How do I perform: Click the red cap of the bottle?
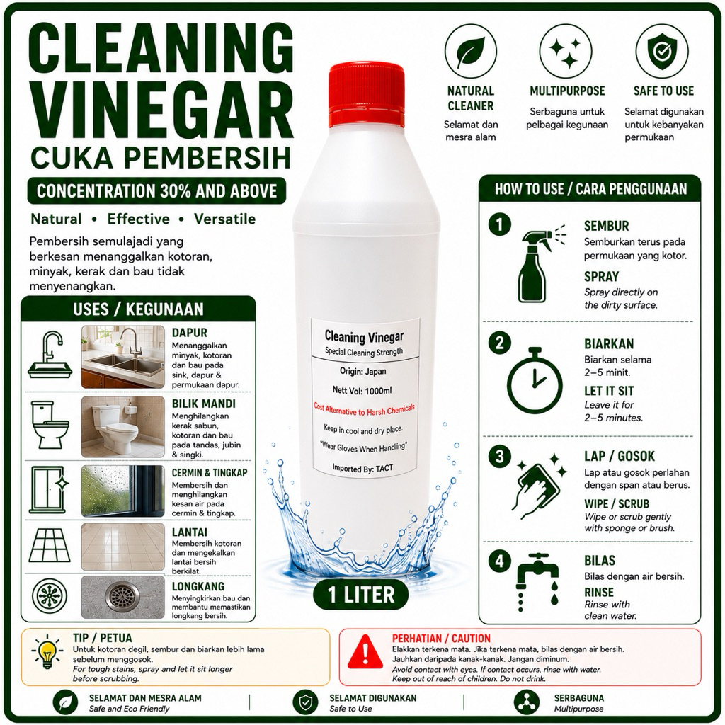pos(367,96)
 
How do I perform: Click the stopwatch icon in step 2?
pos(535,379)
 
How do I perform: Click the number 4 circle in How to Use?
pos(499,561)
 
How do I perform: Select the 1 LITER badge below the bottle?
pos(361,595)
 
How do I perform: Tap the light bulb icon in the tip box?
pos(47,652)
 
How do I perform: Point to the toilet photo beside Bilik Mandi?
pos(123,427)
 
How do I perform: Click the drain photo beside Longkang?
pos(123,597)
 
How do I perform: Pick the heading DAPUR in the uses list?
pos(190,333)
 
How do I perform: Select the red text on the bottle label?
pos(365,410)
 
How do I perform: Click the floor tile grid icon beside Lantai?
pos(50,546)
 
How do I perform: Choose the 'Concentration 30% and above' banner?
pos(156,191)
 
